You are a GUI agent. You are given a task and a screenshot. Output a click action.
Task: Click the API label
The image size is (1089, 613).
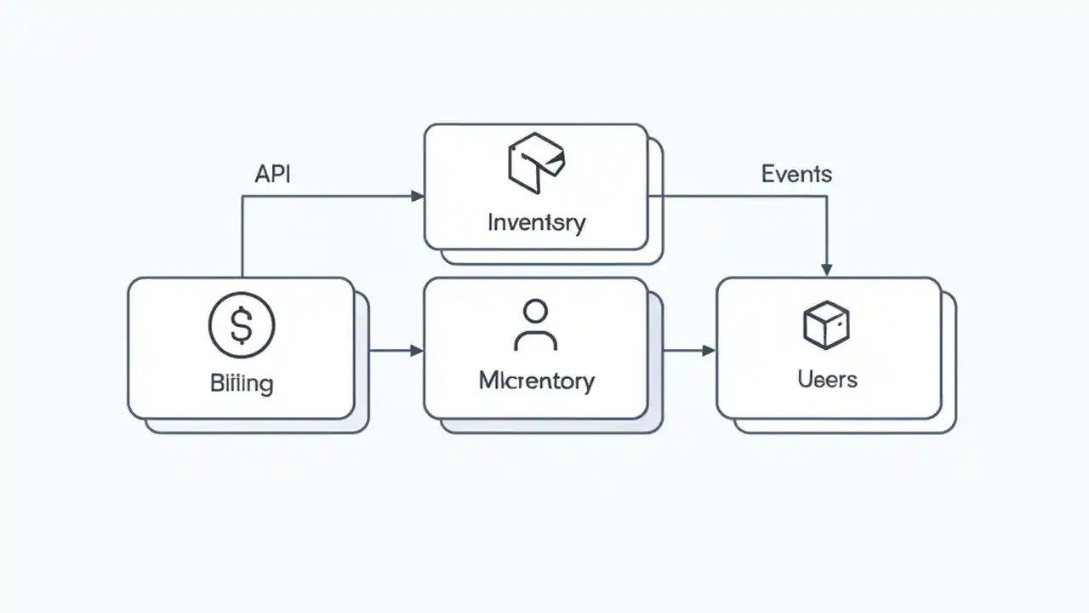(272, 174)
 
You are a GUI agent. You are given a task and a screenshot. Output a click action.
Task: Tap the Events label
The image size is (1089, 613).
(796, 174)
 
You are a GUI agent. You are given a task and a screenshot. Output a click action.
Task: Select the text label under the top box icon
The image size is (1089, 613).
(536, 223)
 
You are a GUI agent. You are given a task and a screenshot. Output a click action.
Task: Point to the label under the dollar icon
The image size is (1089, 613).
(242, 383)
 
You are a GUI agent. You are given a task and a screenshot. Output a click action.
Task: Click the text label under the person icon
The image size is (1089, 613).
(536, 380)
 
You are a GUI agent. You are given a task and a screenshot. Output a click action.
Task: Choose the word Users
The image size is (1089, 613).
(827, 379)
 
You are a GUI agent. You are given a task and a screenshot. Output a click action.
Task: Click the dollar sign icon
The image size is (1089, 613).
(242, 325)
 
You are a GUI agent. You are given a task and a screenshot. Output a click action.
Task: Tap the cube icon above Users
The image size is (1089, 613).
(826, 324)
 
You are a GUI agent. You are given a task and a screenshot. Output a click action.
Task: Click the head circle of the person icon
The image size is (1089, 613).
(535, 312)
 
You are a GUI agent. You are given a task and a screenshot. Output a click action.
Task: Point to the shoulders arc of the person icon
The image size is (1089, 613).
(535, 340)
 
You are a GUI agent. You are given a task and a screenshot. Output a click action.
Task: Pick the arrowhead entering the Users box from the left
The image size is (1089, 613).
(709, 350)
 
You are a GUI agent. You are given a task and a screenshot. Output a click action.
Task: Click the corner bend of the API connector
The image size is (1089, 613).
(242, 197)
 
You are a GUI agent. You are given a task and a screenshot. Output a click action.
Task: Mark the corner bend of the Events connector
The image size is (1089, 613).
(826, 197)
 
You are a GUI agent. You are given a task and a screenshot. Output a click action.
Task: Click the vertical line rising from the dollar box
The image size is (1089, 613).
(242, 238)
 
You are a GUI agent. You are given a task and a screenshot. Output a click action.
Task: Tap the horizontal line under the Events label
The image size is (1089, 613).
(740, 197)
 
